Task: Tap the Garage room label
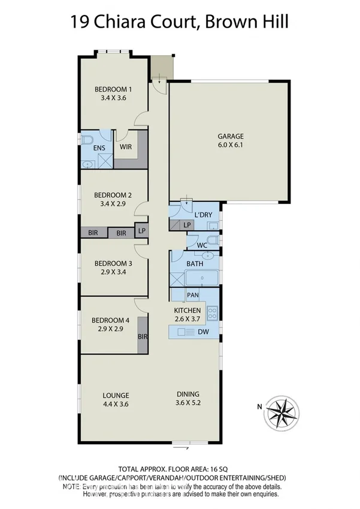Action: point(231,137)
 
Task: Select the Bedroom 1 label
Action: point(113,90)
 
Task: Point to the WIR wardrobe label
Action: point(126,146)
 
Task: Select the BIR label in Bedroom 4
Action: point(143,337)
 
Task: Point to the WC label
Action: point(202,244)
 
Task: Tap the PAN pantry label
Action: point(193,295)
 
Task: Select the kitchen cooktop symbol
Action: point(212,312)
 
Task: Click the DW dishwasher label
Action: point(202,332)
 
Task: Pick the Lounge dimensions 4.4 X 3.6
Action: point(116,404)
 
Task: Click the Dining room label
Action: point(187,394)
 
